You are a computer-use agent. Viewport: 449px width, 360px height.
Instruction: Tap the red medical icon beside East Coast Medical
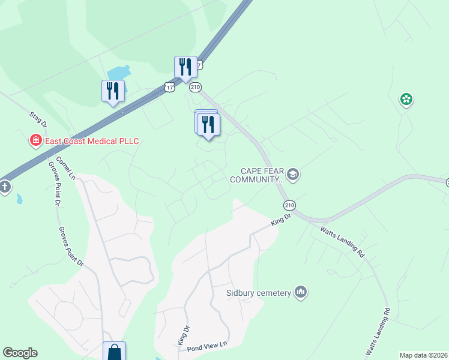tap(37, 141)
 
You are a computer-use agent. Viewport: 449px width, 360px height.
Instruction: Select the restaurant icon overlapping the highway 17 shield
tap(185, 67)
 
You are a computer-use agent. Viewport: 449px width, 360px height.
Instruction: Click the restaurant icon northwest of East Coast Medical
tap(113, 91)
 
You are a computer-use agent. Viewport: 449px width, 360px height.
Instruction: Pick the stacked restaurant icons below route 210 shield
tap(208, 125)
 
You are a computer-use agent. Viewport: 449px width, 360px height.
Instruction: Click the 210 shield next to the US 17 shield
tap(195, 88)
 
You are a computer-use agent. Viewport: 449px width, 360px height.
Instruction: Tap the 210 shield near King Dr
tap(290, 204)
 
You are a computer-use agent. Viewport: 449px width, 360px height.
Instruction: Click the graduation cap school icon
tap(293, 175)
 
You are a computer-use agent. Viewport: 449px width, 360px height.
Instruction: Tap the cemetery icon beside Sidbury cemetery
tap(301, 292)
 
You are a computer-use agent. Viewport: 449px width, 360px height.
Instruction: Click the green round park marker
tap(406, 99)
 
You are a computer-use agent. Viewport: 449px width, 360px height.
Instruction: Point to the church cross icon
tap(4, 187)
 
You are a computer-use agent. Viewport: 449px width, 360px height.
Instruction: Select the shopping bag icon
tap(114, 352)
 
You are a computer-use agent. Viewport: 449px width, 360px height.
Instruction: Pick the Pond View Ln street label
tap(208, 344)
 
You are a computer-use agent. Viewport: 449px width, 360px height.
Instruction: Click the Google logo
tap(20, 353)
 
